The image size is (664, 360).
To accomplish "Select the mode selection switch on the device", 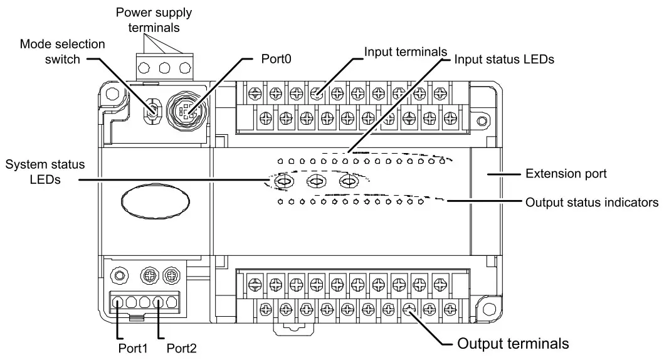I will [x=152, y=111].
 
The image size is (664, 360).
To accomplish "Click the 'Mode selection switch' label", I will [x=62, y=51].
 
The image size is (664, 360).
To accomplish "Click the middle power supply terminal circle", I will [x=165, y=68].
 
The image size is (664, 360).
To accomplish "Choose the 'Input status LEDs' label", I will [x=503, y=60].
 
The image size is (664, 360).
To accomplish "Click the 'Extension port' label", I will [x=566, y=174].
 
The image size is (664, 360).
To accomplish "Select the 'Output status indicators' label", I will [x=591, y=203].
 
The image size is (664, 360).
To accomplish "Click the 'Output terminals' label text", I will [x=513, y=344].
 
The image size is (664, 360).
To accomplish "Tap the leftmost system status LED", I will [x=283, y=182].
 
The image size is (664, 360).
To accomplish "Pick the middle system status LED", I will [x=315, y=182].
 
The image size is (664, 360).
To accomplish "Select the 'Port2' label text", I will [x=182, y=346].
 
